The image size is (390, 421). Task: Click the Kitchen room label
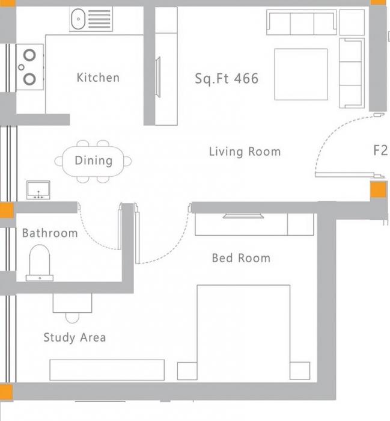point(98,78)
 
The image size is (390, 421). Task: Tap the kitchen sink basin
point(79,20)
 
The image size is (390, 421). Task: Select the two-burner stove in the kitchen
point(29,67)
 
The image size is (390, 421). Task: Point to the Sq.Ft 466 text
point(227,78)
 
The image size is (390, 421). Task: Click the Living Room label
point(245,152)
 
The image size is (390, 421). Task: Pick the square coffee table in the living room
point(300,74)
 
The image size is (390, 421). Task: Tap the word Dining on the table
point(93,161)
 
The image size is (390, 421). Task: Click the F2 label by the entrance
point(380,150)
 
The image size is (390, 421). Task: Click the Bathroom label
point(50,233)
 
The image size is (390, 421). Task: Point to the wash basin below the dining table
point(40,190)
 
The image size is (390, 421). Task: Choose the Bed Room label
point(241,258)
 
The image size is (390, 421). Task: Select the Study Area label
point(75,337)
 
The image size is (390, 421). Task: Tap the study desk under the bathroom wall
point(73,303)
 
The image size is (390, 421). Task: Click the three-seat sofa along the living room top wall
point(301,23)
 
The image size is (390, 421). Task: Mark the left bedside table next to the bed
point(187,370)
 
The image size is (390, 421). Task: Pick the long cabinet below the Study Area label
point(107,370)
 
